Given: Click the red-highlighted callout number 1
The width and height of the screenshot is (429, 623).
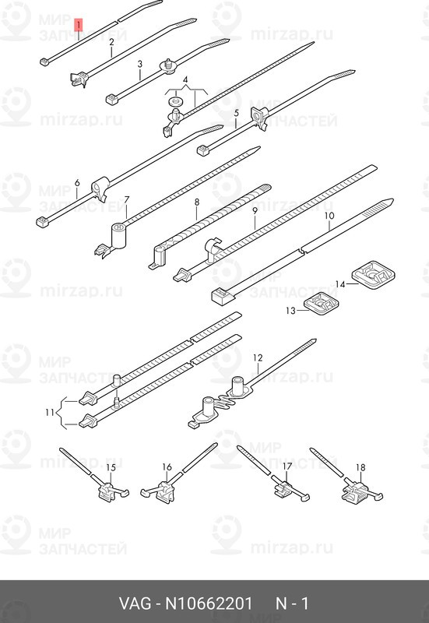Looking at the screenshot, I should [78, 26].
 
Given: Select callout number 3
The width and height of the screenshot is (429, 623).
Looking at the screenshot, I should [139, 65].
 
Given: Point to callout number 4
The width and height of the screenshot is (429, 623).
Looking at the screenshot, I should [185, 81].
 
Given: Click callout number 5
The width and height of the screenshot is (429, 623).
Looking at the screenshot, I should [236, 114].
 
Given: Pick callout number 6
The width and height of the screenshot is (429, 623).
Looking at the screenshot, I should [77, 184].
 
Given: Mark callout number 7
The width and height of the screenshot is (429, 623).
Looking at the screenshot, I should [126, 200].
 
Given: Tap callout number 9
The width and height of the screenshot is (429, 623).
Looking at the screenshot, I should [254, 211].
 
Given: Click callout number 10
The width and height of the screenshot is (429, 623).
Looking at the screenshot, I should [329, 216].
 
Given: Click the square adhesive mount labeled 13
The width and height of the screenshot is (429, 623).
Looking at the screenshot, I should [319, 304].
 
